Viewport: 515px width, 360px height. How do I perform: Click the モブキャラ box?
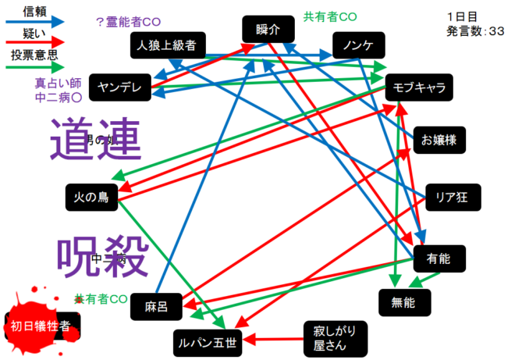[420, 87]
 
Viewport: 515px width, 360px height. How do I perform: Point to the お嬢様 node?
[439, 140]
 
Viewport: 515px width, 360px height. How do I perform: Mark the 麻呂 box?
[155, 305]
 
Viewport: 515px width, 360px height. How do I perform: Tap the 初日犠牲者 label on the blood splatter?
[42, 326]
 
